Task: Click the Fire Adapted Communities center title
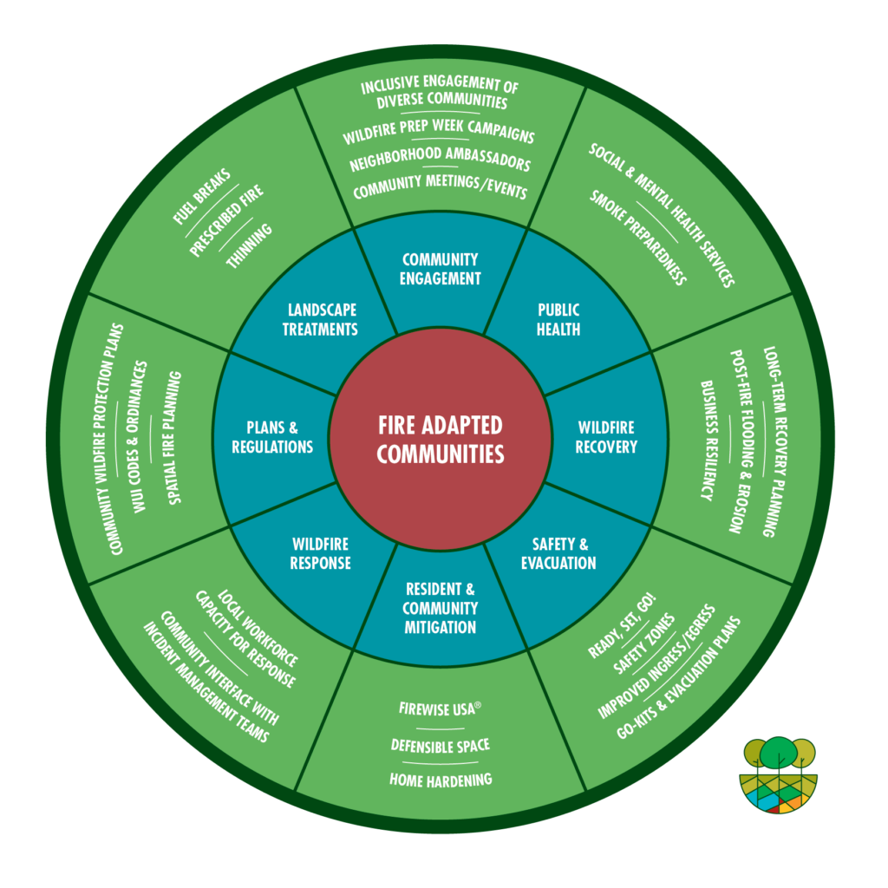point(441,439)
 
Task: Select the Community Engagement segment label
point(441,269)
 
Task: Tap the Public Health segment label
point(558,319)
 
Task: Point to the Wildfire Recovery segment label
point(606,437)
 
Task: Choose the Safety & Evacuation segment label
point(558,553)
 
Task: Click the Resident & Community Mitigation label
point(441,608)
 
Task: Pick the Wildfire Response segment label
point(321,553)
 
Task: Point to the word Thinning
point(250,245)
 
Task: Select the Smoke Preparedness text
point(638,237)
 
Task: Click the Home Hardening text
point(441,779)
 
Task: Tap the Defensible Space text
point(441,745)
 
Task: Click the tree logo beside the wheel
point(779,774)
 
